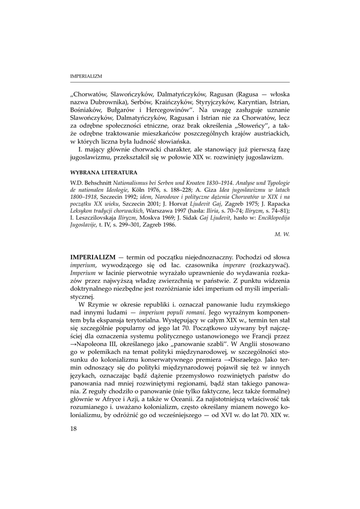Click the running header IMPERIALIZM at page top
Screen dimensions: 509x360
coord(86,77)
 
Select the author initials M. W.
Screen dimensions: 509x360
coord(282,233)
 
